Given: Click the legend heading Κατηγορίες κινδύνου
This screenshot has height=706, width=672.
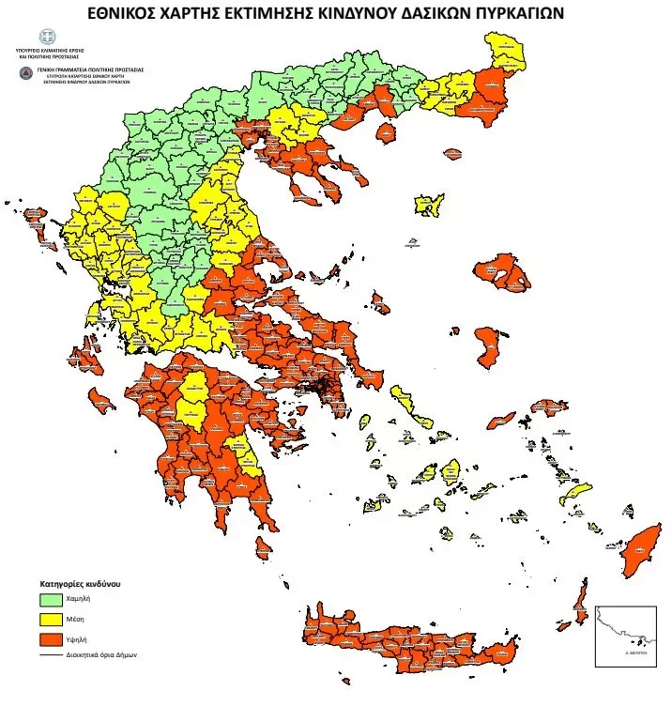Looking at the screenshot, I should click(79, 583).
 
